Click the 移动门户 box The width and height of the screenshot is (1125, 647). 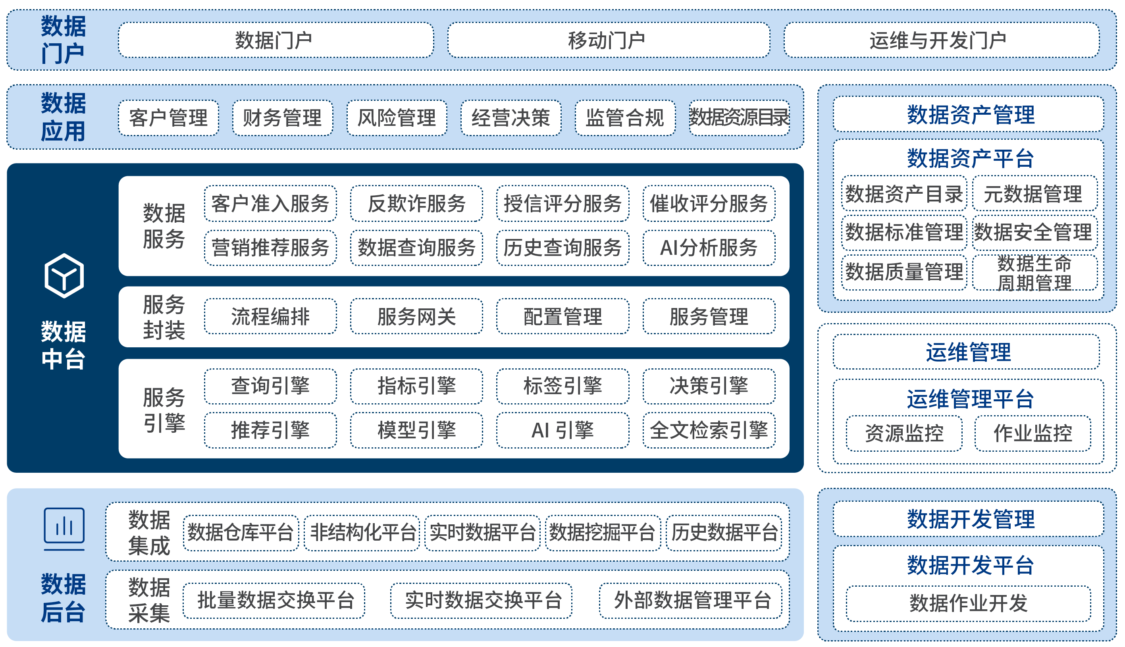[608, 40]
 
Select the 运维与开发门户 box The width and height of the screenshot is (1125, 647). [941, 40]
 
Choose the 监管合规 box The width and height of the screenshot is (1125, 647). [625, 118]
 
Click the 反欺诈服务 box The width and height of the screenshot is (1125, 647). [416, 204]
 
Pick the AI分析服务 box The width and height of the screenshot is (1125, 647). [709, 248]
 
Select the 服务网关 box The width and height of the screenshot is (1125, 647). [416, 316]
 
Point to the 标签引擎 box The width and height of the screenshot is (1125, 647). [562, 386]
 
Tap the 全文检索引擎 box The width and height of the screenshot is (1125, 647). [709, 430]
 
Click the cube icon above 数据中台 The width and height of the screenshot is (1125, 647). [64, 275]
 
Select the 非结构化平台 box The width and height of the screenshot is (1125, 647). [362, 532]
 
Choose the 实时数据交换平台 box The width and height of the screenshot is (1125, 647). [481, 600]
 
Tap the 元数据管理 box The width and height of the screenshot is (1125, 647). [1034, 194]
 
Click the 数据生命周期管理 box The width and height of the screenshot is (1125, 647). [1034, 272]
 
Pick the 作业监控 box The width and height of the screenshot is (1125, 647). [1033, 433]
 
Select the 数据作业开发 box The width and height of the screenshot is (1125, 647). [968, 603]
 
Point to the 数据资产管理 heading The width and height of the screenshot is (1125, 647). [970, 114]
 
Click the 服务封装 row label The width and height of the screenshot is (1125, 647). [164, 317]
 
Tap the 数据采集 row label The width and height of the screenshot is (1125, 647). [149, 600]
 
